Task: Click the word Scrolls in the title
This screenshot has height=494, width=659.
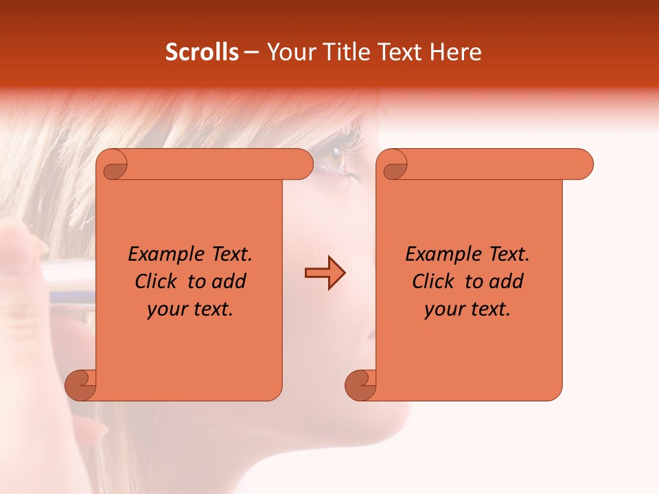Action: point(203,52)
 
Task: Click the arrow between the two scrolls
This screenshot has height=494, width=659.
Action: point(325,272)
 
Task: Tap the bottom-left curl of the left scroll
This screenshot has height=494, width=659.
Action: point(80,384)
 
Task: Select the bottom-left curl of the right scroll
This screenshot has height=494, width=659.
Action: point(360,384)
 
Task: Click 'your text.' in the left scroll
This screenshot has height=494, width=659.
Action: point(190,309)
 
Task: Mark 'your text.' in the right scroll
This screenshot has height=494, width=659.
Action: point(467,309)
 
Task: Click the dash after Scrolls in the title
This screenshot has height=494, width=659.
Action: point(251,52)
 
